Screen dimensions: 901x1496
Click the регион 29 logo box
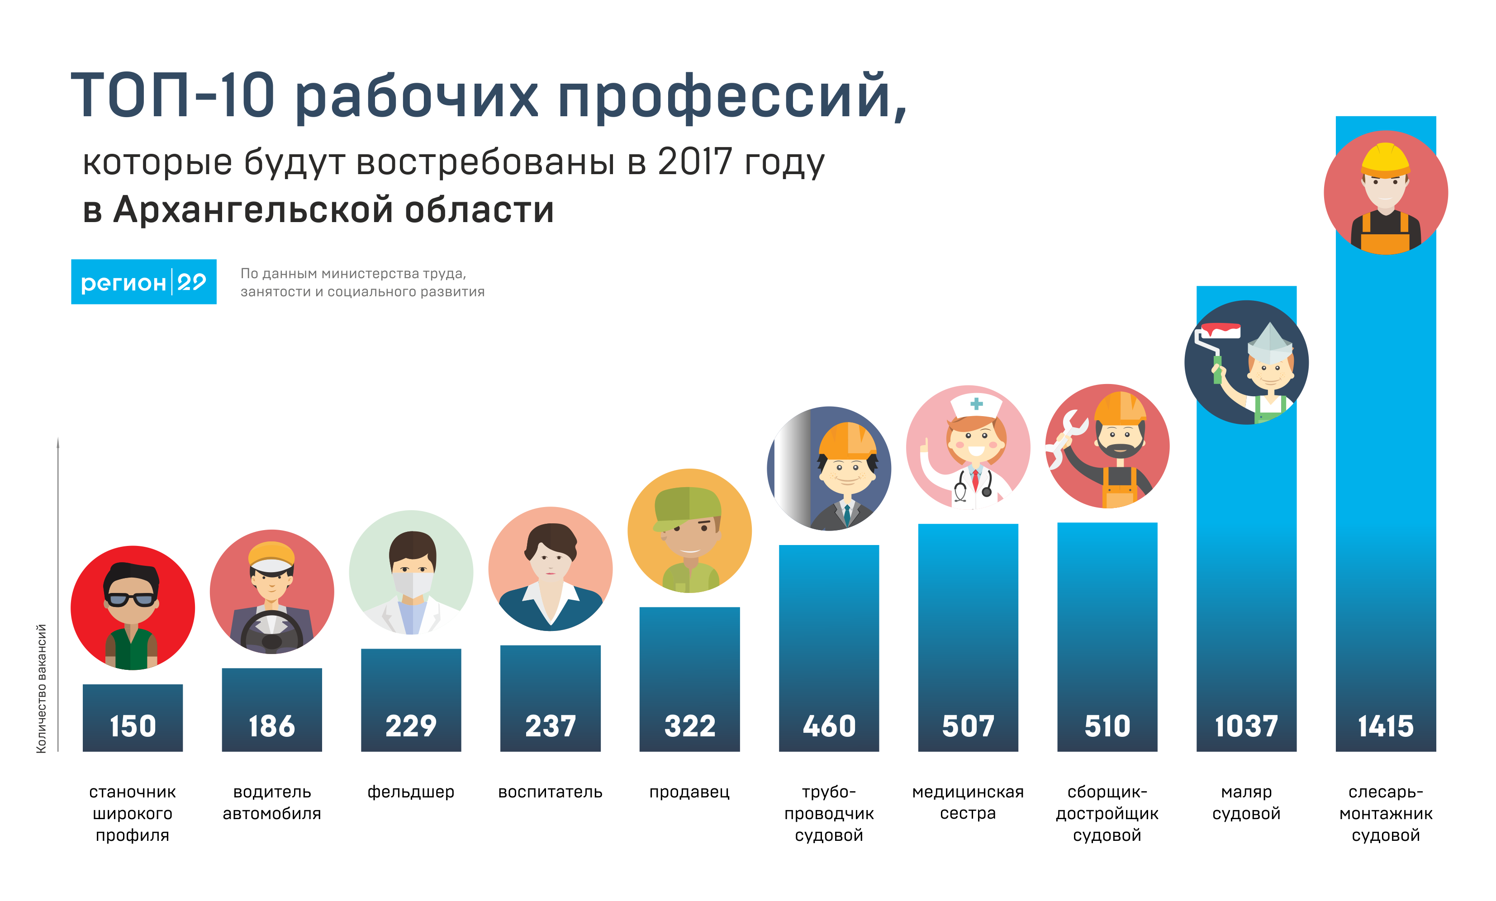144,282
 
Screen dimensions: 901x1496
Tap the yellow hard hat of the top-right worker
1386,159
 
